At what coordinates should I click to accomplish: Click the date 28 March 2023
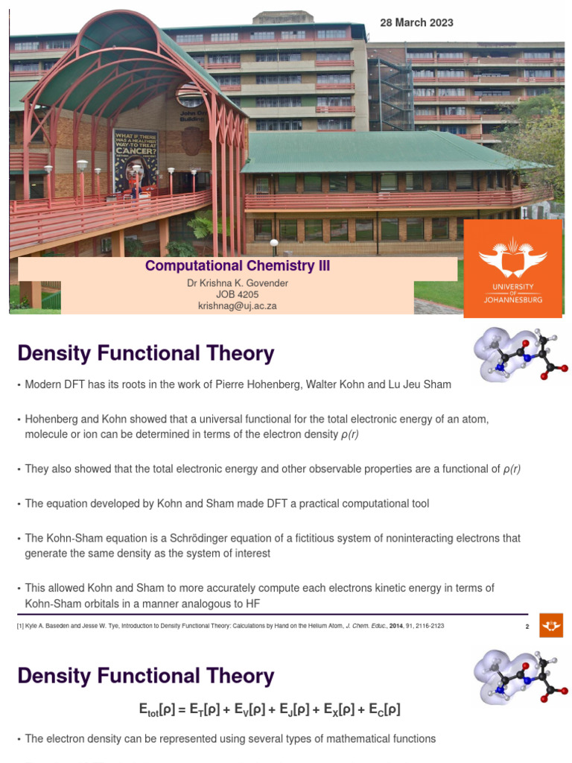(x=416, y=23)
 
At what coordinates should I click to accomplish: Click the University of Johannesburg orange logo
(x=512, y=268)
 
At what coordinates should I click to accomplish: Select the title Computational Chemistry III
(x=237, y=266)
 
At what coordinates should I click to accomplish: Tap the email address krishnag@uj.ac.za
(x=237, y=305)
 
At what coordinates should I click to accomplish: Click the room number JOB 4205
(x=237, y=294)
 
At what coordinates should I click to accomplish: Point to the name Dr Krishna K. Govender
(x=237, y=283)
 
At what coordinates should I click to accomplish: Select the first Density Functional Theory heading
(x=145, y=353)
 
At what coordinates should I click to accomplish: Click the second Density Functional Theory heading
(x=145, y=676)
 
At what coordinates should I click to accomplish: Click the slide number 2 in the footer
(x=527, y=626)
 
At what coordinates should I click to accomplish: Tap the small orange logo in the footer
(x=551, y=624)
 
